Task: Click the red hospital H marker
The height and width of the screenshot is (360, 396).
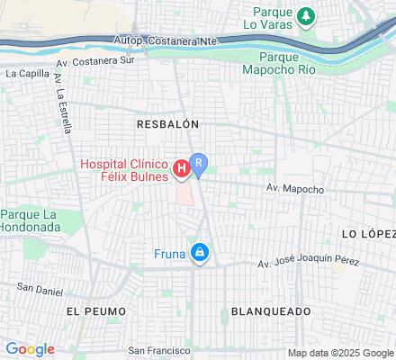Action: coord(181,167)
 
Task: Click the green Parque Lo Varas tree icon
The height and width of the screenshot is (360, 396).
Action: coord(307,15)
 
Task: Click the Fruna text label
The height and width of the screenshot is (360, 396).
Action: coord(169,254)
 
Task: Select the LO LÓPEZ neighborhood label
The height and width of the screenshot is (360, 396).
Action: coord(368,233)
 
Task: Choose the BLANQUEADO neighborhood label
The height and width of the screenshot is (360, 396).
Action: coord(271,310)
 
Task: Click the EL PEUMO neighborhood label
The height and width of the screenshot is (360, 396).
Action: coord(93,310)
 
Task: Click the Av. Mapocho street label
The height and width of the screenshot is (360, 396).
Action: coord(294,189)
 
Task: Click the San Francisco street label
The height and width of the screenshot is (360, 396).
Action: coord(158,350)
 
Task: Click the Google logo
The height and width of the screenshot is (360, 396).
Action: coord(30,349)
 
